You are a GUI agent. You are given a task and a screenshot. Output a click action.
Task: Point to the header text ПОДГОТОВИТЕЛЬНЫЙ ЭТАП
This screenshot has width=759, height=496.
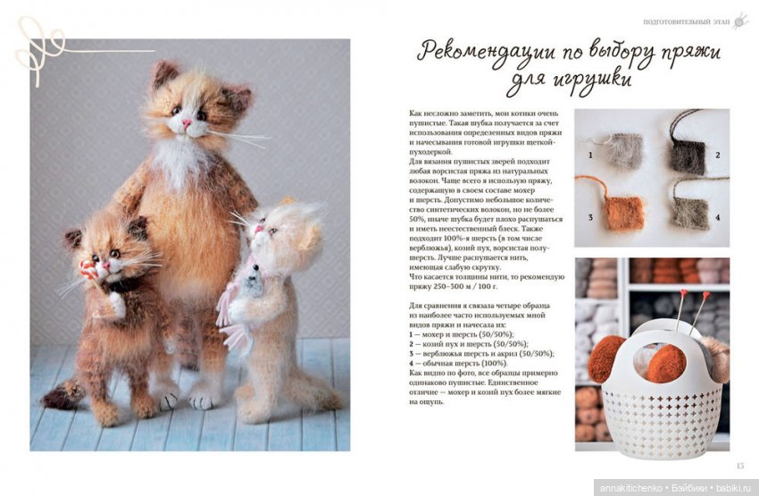click(x=685, y=21)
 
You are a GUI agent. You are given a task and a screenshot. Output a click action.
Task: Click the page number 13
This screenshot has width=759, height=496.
click(x=738, y=466)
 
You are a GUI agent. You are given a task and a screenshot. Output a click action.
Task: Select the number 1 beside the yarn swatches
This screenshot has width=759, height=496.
click(x=590, y=156)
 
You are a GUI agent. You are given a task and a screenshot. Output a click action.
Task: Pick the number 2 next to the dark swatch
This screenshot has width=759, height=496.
click(x=717, y=156)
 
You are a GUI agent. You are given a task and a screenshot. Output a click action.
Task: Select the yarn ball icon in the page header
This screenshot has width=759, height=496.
click(x=740, y=21)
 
